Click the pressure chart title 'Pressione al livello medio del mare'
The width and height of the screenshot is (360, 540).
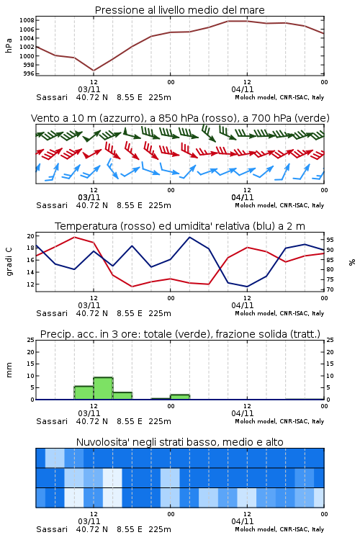pyautogui.click(x=179, y=10)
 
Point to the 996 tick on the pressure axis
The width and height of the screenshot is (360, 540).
pyautogui.click(x=30, y=73)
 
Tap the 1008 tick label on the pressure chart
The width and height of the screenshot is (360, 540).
pyautogui.click(x=27, y=20)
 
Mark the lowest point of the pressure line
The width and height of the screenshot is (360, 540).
pyautogui.click(x=94, y=71)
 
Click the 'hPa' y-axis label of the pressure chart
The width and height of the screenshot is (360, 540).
pyautogui.click(x=9, y=46)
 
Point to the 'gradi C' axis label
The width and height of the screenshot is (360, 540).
pyautogui.click(x=9, y=261)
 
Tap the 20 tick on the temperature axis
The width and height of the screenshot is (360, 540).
pyautogui.click(x=31, y=236)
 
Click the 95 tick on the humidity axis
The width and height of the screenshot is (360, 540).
pyautogui.click(x=330, y=240)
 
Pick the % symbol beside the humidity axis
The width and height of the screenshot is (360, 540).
pyautogui.click(x=352, y=262)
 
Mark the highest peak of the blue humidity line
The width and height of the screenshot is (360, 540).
pyautogui.click(x=189, y=238)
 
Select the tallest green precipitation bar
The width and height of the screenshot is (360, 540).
pyautogui.click(x=104, y=389)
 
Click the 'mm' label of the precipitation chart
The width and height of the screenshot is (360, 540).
pyautogui.click(x=9, y=370)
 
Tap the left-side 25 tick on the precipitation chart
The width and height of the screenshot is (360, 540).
pyautogui.click(x=31, y=341)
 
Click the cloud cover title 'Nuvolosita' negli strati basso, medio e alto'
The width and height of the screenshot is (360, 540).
pyautogui.click(x=179, y=442)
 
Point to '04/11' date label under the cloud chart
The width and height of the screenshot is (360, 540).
pyautogui.click(x=242, y=521)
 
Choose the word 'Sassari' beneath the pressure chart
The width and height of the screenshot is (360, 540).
pyautogui.click(x=52, y=97)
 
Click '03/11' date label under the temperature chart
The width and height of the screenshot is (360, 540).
pyautogui.click(x=89, y=305)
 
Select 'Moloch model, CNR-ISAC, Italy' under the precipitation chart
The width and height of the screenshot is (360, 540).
pyautogui.click(x=279, y=421)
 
